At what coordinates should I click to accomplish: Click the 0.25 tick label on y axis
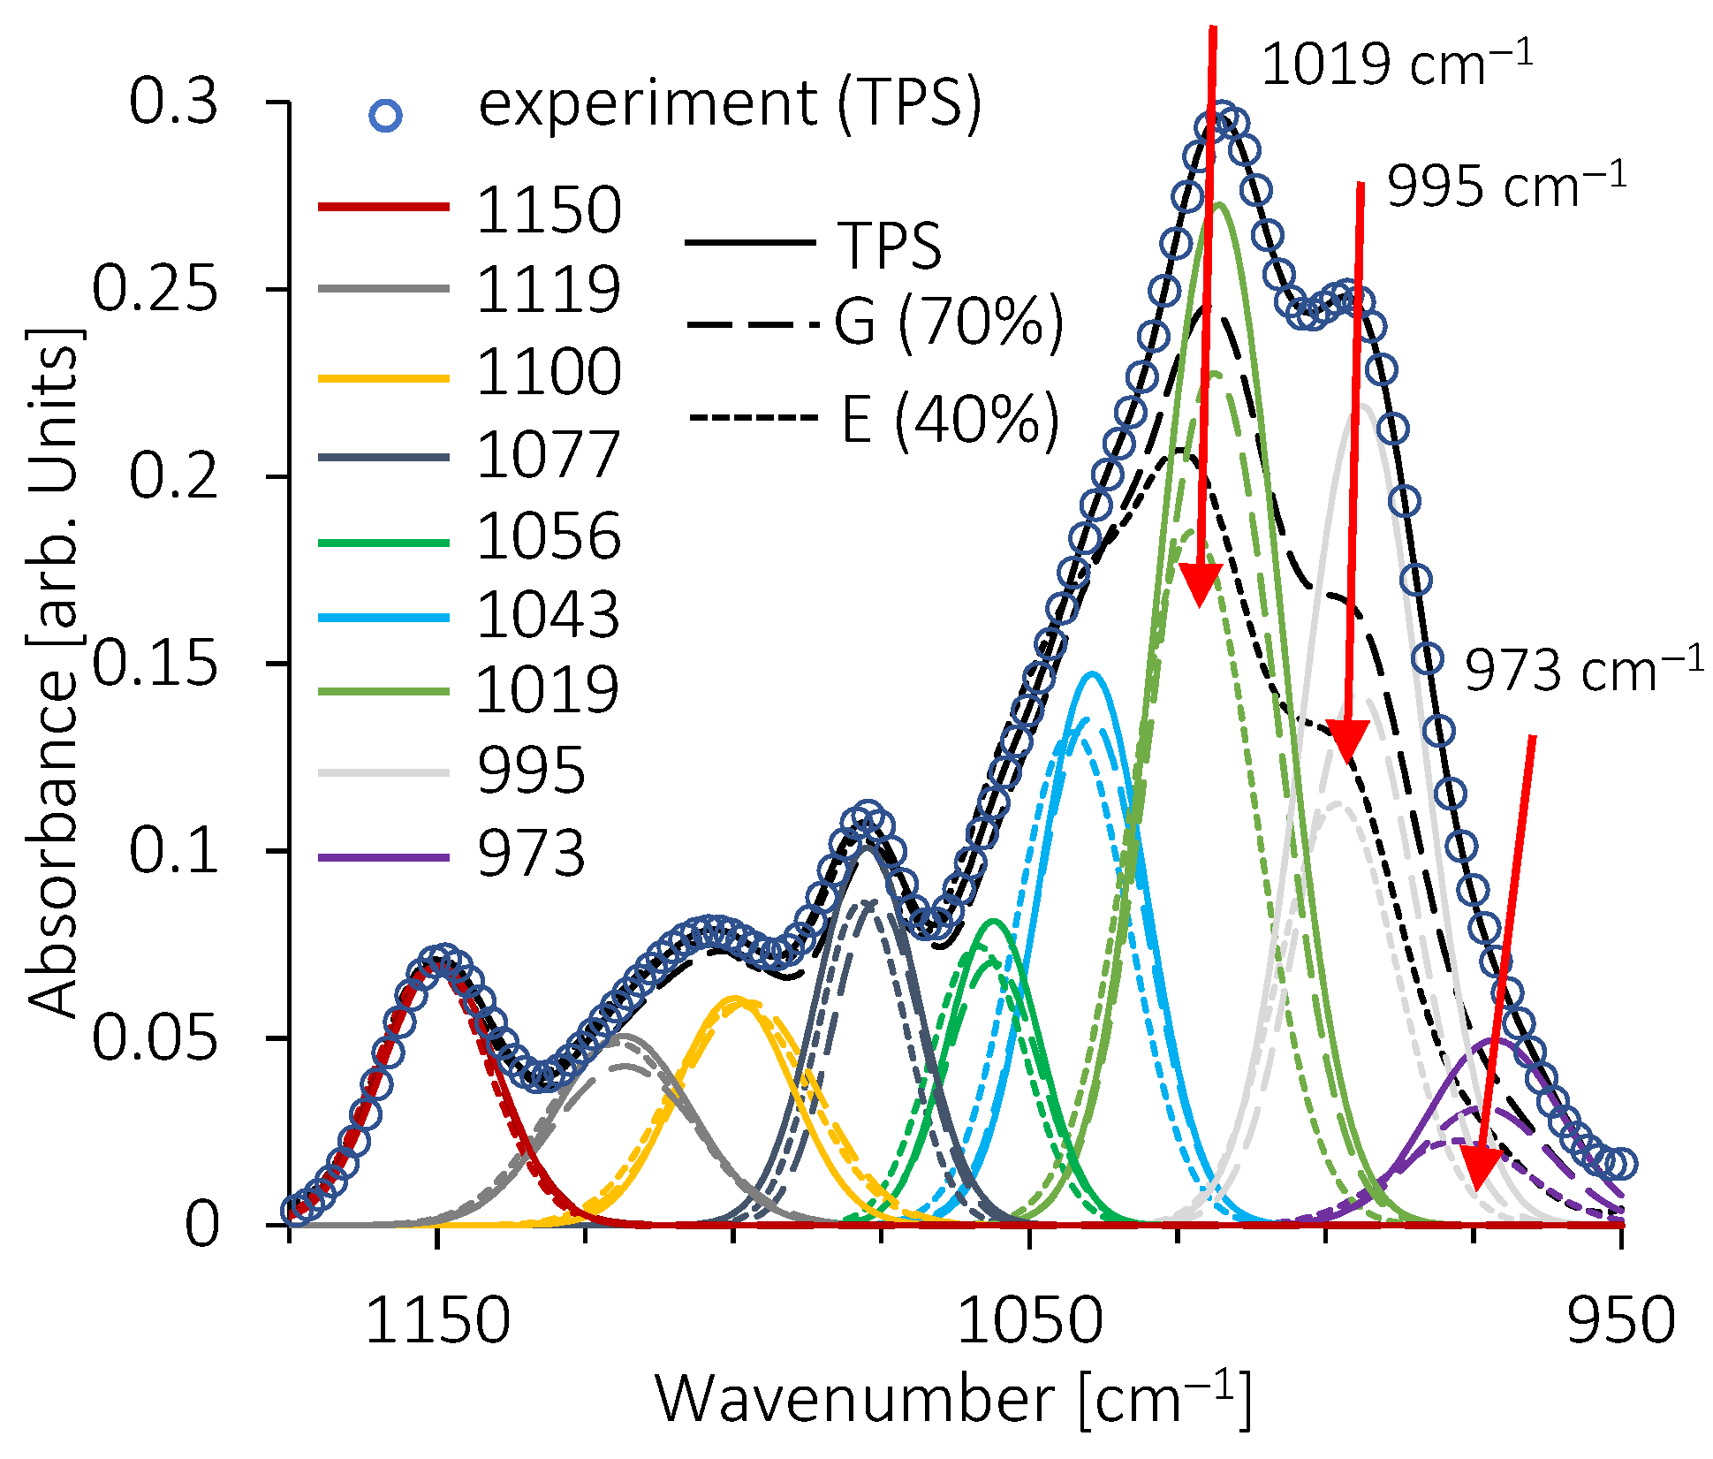pos(155,289)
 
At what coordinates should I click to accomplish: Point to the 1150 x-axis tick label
pos(437,1322)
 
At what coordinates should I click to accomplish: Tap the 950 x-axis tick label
pos(1620,1322)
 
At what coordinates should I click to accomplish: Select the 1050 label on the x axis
pos(1029,1322)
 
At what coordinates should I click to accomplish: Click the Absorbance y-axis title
pos(53,672)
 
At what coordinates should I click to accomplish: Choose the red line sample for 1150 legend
pos(383,209)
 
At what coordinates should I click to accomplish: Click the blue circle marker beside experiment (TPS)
pos(386,116)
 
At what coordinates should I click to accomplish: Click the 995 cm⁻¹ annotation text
pos(1506,186)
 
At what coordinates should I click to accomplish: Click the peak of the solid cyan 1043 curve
pos(1093,674)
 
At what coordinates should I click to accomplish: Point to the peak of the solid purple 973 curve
pos(1498,1040)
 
